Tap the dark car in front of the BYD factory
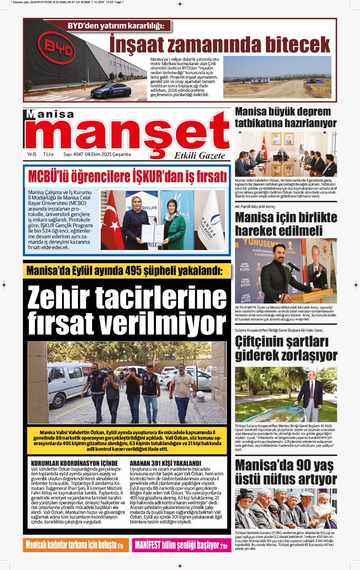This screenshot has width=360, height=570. [x=111, y=90]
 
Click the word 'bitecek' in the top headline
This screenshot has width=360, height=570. [x=298, y=45]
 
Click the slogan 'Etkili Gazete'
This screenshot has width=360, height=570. [x=199, y=156]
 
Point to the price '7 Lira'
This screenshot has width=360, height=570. [x=48, y=155]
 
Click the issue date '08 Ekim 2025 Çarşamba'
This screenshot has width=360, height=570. [x=108, y=155]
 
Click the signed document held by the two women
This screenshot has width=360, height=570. [x=152, y=233]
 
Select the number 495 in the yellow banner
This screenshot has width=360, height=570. [x=133, y=271]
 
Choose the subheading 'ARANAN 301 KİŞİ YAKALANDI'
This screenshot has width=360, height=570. [x=165, y=463]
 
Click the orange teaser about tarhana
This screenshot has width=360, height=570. [x=74, y=545]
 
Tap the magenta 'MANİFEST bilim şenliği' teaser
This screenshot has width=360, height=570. [x=181, y=545]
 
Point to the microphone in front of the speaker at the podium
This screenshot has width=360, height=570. [x=293, y=265]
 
